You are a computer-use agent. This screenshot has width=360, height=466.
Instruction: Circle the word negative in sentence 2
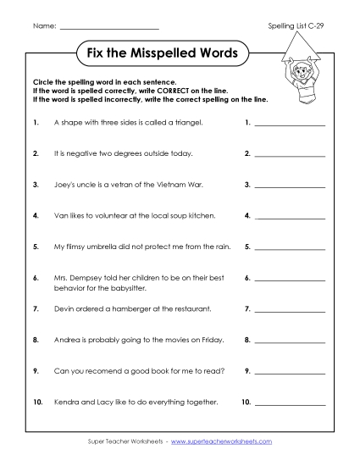[x=79, y=154]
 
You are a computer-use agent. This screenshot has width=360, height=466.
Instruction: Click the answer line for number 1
[x=290, y=125]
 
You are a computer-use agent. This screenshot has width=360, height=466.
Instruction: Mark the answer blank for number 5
[x=290, y=249]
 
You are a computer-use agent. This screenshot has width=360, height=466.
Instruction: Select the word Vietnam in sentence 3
[x=168, y=185]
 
